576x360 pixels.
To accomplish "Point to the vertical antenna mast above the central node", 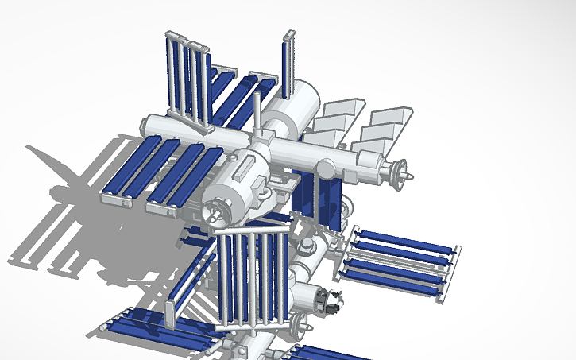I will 257,115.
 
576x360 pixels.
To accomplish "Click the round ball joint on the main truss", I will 325,168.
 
